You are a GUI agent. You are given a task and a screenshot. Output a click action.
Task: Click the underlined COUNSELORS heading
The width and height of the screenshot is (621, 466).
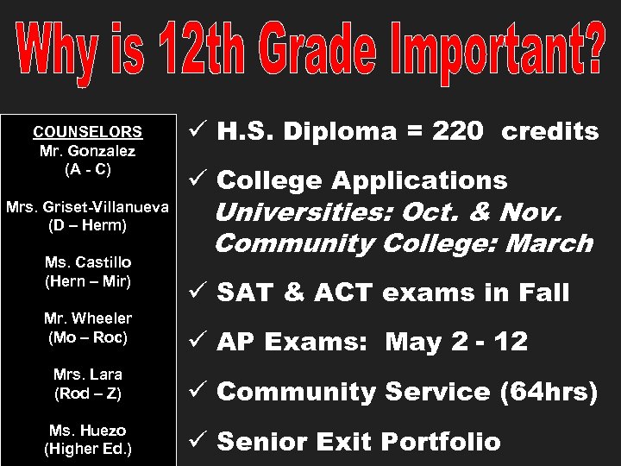tap(87, 133)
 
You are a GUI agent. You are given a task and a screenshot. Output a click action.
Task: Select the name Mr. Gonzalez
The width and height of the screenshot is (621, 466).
tap(87, 151)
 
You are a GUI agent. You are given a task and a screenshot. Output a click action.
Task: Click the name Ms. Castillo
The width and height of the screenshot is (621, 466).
tap(87, 261)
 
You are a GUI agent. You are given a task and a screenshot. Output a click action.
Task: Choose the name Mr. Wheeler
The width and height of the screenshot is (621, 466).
tap(87, 318)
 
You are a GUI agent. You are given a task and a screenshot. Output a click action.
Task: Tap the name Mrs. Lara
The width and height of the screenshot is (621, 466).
tap(87, 375)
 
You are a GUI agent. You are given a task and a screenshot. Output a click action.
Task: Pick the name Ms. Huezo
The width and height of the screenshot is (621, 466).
tap(87, 430)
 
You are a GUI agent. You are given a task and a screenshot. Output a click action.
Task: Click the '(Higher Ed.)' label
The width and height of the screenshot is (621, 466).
tap(87, 449)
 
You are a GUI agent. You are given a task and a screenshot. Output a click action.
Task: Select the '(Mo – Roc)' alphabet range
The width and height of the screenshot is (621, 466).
tap(87, 337)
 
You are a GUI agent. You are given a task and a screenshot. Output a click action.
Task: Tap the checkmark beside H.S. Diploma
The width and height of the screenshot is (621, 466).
tap(194, 131)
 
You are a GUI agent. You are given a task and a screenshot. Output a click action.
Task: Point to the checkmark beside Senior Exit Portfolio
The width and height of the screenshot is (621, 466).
tap(194, 442)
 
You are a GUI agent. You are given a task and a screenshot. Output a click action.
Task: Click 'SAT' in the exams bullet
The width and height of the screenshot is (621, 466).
tap(243, 293)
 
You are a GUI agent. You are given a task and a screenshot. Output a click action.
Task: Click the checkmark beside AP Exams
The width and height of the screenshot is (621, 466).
tap(194, 342)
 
